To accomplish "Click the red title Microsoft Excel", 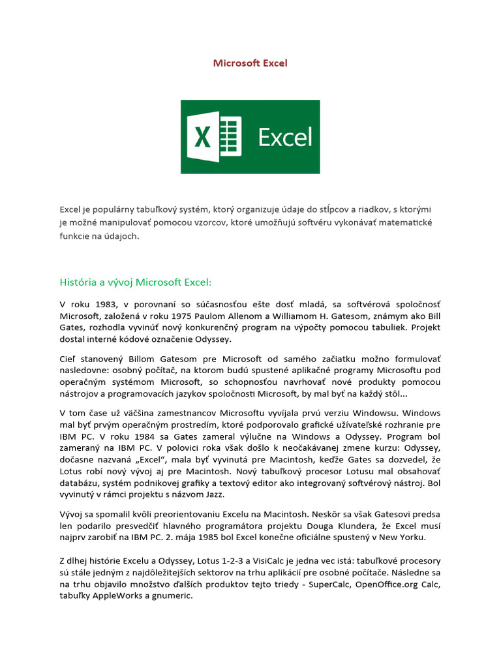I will tap(250, 63).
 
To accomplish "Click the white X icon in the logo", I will tap(204, 137).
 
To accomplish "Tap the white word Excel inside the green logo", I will tap(285, 137).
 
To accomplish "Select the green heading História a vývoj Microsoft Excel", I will tap(136, 282).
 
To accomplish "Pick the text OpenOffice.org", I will tap(385, 584).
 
